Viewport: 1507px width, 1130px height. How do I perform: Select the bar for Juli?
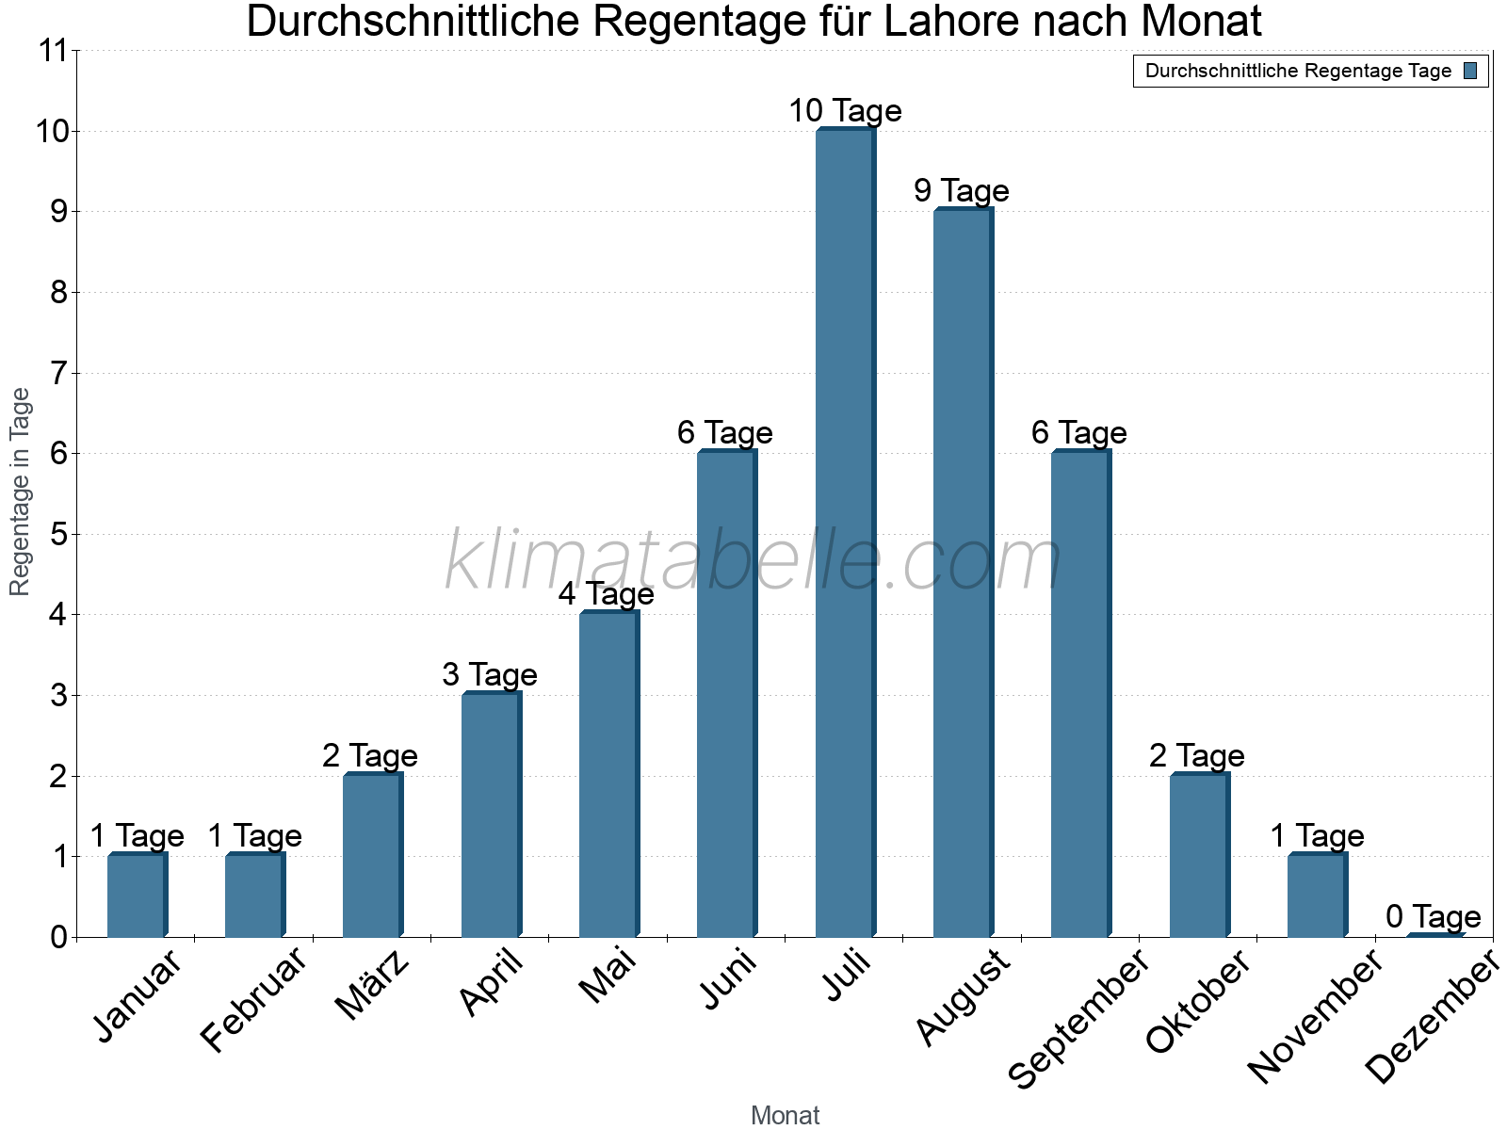[x=845, y=533]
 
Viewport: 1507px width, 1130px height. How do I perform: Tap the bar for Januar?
[x=137, y=896]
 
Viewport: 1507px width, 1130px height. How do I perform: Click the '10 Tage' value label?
[x=845, y=111]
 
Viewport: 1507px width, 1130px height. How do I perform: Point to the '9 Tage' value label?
[x=962, y=191]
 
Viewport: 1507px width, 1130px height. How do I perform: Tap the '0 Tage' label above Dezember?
[x=1434, y=916]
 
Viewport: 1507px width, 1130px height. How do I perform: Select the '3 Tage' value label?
[x=490, y=675]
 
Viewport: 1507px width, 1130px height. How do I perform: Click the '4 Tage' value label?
[x=607, y=594]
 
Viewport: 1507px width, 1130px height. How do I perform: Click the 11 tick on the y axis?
[x=56, y=51]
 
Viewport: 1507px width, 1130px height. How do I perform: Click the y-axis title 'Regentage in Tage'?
[x=21, y=492]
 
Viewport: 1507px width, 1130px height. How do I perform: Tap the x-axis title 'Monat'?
[x=785, y=1116]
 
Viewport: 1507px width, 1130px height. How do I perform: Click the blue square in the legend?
[x=1470, y=71]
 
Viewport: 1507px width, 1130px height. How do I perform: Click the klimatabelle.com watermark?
[x=753, y=560]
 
